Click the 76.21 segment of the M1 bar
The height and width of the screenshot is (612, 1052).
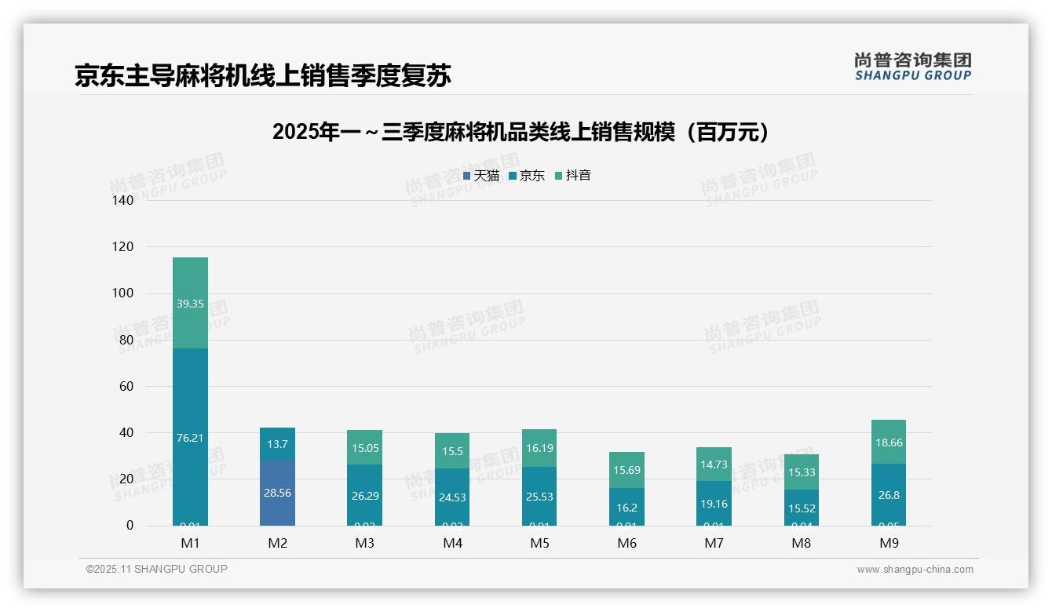pos(190,437)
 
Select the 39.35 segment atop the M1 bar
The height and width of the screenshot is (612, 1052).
pos(190,304)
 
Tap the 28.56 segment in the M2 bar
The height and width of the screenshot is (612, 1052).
pos(277,493)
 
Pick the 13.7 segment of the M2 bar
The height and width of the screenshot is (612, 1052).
pos(277,443)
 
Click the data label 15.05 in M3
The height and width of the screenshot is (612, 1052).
pos(364,447)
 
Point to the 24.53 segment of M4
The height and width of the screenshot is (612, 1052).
pos(452,497)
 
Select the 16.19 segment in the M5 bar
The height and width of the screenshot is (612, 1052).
pos(539,448)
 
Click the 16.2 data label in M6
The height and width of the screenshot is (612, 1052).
pos(626,508)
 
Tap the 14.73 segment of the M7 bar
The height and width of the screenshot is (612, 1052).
pos(714,464)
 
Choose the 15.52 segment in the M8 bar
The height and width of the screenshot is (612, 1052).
pos(801,508)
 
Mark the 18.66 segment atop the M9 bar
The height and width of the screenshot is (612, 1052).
pos(889,443)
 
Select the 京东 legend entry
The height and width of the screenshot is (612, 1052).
pos(527,176)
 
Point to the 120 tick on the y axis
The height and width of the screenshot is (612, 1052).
pos(123,247)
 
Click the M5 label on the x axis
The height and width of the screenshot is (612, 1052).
pos(539,543)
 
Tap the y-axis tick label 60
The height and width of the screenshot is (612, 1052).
pos(126,386)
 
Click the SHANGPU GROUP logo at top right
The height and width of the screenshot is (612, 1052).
pos(912,67)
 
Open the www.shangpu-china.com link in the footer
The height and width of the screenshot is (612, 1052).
pos(915,570)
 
